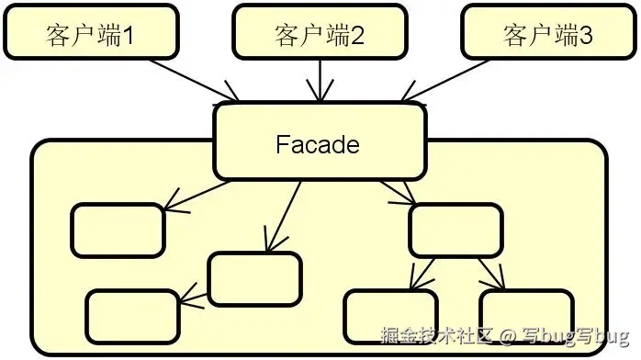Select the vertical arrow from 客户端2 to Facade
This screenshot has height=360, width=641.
320,78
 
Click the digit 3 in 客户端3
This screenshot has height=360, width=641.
586,36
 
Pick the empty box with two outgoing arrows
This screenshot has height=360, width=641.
455,230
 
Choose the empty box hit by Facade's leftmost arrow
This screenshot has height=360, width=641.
118,230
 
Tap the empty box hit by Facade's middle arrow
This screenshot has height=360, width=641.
254,278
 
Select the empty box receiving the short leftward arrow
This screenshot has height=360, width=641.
132,315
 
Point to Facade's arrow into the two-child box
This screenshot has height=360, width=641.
398,190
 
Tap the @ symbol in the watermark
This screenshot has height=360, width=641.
511,337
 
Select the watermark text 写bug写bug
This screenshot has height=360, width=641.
575,337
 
